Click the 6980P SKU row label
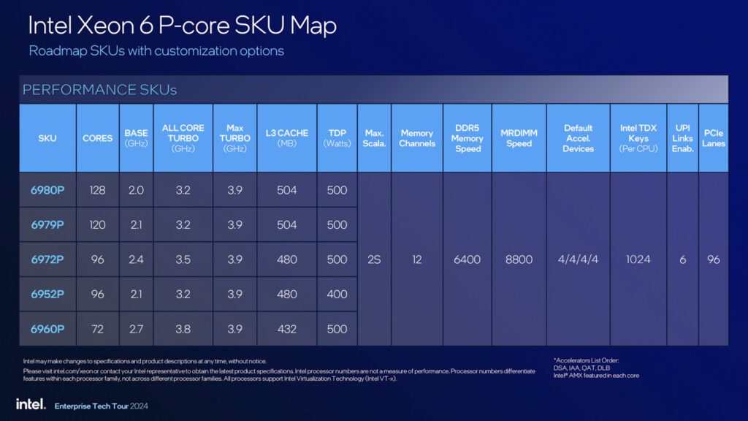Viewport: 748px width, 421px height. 47,190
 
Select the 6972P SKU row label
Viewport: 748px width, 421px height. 47,259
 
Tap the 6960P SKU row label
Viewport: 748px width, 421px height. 47,329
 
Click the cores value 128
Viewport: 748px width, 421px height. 97,190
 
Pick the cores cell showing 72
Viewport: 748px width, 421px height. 97,329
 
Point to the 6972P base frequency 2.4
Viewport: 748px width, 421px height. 136,259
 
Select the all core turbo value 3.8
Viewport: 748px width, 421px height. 183,329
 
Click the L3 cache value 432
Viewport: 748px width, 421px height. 286,329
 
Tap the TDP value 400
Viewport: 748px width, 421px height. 337,294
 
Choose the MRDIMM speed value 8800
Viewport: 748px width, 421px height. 519,259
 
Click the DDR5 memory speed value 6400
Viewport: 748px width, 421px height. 467,259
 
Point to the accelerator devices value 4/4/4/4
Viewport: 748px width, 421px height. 578,259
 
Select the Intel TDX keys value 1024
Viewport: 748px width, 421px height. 638,259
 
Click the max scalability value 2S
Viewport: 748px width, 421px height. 374,259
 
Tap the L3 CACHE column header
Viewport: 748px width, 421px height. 286,138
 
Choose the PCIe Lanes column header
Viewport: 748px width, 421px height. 714,138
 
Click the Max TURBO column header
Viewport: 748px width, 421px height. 234,138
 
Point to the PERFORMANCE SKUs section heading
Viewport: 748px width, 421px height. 99,90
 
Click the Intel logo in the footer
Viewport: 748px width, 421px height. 31,404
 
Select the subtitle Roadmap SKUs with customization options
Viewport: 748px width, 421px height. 156,50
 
